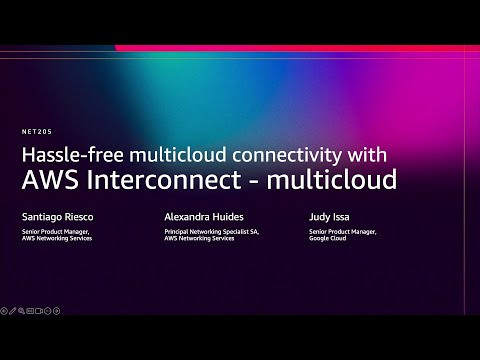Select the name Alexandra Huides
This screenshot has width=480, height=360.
pyautogui.click(x=203, y=215)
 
